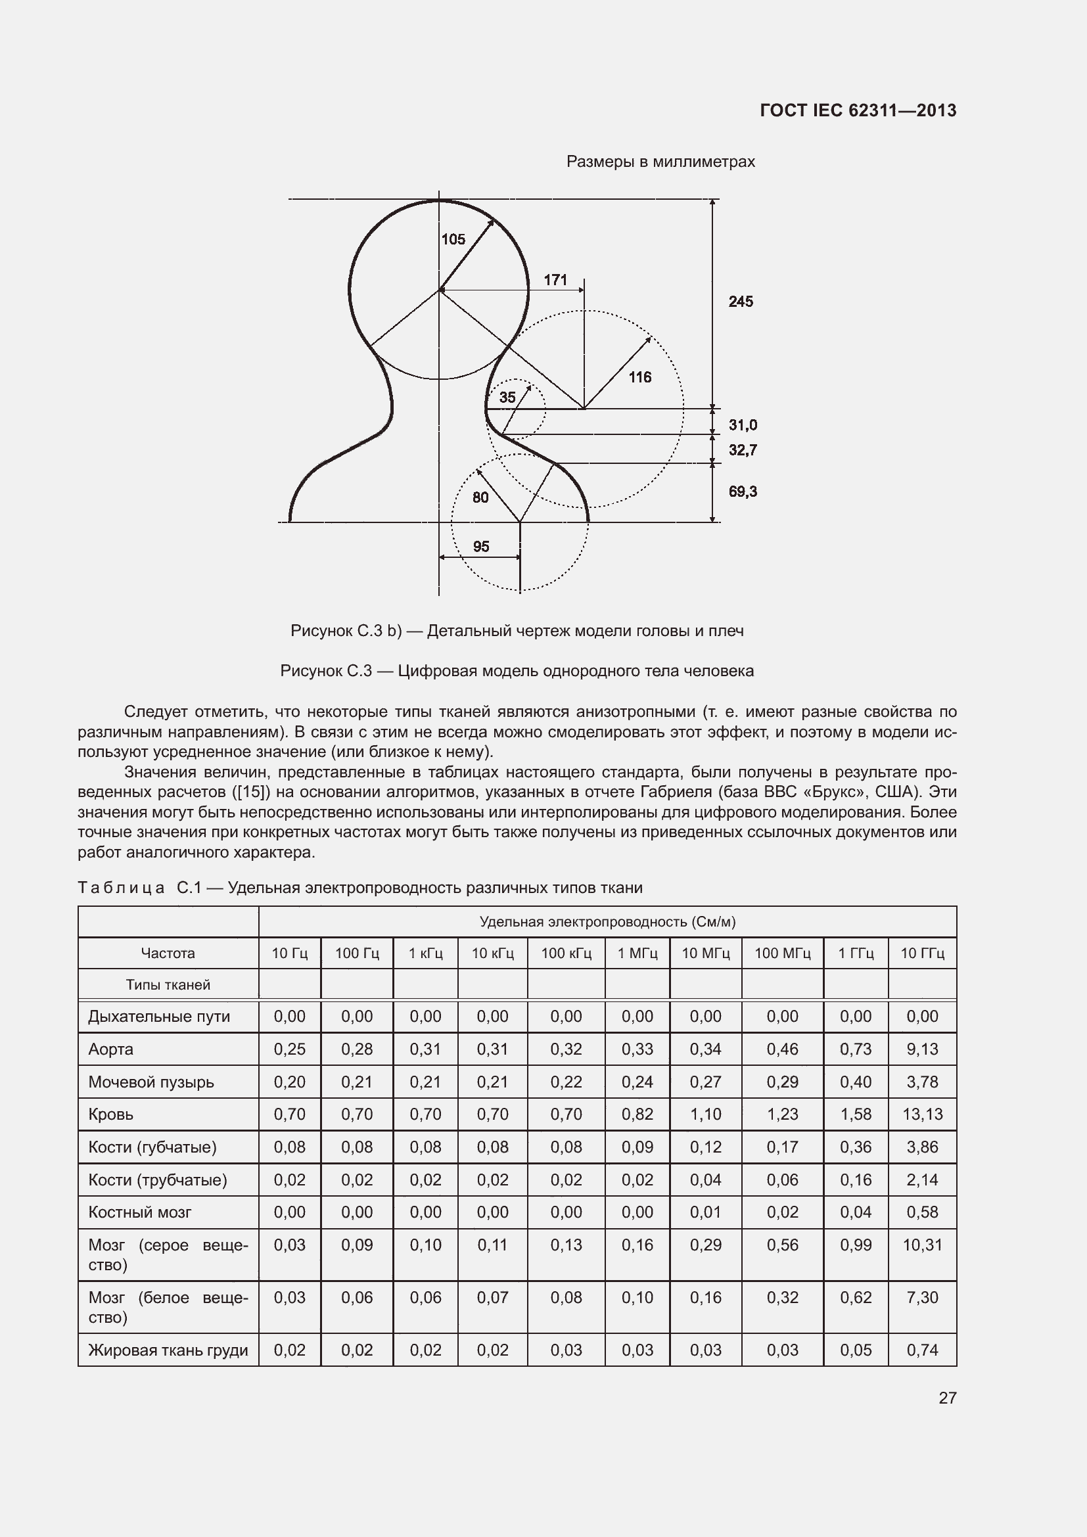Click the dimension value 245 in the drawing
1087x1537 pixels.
tap(740, 302)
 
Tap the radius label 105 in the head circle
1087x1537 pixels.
tap(453, 240)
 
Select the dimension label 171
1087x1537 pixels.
tap(555, 280)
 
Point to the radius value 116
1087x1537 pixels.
tap(640, 378)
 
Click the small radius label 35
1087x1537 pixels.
tap(507, 398)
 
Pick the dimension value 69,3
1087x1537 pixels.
tap(743, 492)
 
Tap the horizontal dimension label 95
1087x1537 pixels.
tap(481, 547)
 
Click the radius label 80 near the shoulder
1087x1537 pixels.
tap(480, 497)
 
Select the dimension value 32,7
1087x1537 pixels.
tap(743, 450)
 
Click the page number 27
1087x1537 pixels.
tap(947, 1398)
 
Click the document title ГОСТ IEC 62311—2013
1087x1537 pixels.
tap(858, 111)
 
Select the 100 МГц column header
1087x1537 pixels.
tap(783, 953)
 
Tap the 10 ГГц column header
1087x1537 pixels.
tap(922, 953)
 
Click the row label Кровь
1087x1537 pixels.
tap(111, 1114)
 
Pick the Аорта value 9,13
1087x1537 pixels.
tap(922, 1049)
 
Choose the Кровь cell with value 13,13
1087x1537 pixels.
tap(922, 1114)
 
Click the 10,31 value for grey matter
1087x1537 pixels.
tap(922, 1245)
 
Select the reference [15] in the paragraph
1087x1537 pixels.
tap(254, 792)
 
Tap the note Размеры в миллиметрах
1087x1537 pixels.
tap(660, 162)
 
